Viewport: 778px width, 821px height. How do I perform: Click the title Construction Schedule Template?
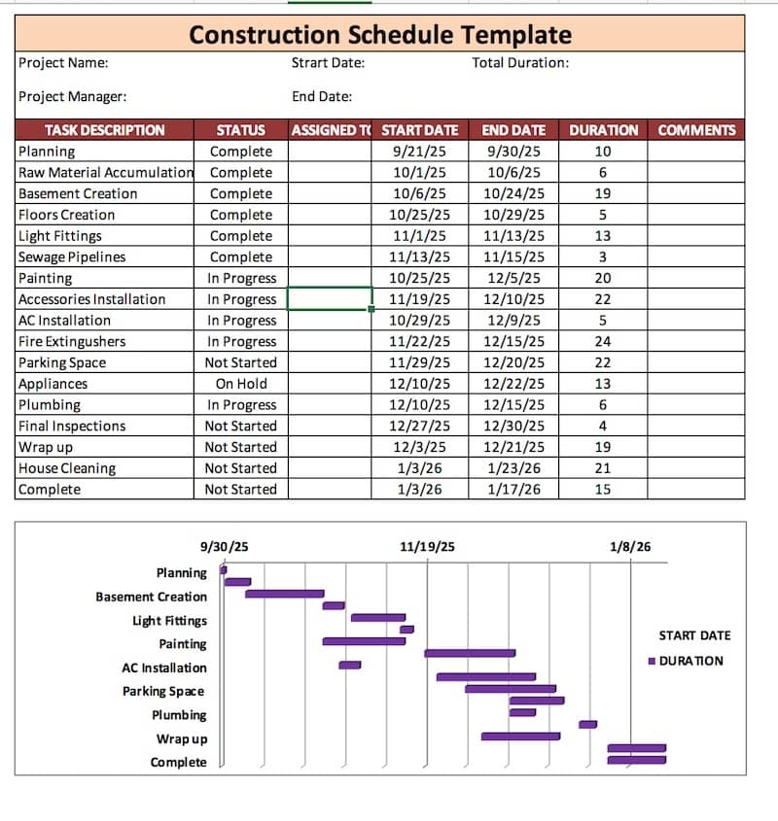coord(380,35)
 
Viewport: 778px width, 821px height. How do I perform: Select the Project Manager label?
coord(72,96)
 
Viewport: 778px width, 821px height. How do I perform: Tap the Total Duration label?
coord(520,63)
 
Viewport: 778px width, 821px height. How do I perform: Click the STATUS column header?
coord(240,130)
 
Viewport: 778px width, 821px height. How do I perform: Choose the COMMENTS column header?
coord(696,130)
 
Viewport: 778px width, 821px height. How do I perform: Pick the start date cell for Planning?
coord(419,152)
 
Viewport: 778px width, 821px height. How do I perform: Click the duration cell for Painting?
coord(603,278)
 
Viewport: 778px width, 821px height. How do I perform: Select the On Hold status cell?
coord(240,384)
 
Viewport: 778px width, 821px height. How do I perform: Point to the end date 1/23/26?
coord(513,468)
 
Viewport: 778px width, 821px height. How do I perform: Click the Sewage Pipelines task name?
coord(72,257)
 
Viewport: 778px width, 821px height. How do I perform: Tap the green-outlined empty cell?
coord(330,299)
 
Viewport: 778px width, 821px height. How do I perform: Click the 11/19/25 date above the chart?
coord(427,547)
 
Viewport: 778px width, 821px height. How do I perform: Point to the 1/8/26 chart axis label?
coord(630,547)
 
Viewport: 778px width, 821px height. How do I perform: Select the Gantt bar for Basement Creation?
coord(284,594)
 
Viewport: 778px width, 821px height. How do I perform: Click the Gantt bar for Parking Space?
coord(510,689)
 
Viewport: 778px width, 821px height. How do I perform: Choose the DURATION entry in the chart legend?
coord(690,661)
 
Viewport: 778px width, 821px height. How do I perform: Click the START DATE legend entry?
coord(694,635)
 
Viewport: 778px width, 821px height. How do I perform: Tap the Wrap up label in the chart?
coord(182,738)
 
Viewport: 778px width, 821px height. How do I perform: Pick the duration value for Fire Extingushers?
coord(603,342)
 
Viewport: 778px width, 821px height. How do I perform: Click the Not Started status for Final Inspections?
coord(240,427)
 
